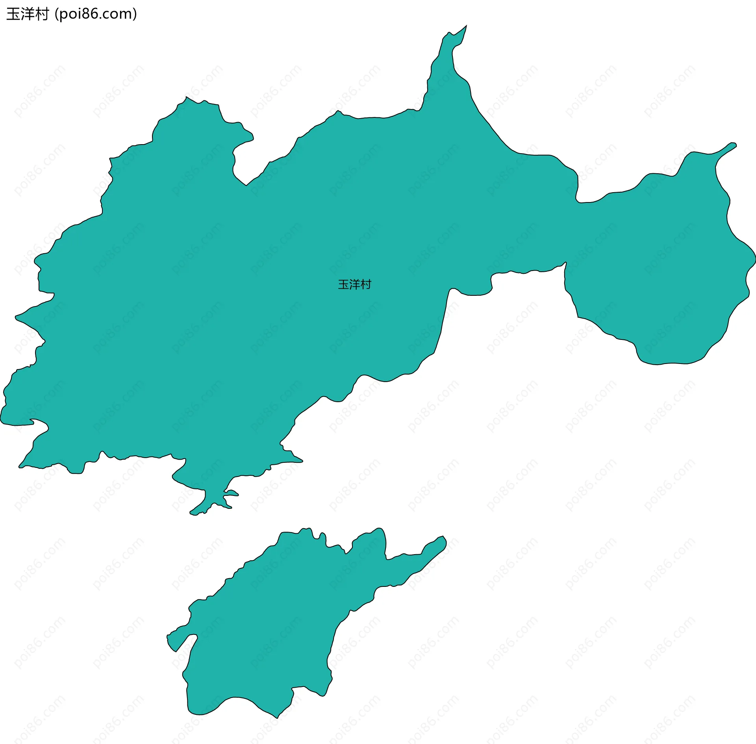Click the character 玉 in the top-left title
pos(13,14)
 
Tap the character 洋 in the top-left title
pos(28,14)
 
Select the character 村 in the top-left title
pos(42,14)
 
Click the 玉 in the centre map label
pos(343,284)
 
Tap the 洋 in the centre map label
pos(355,284)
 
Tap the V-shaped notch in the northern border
pos(246,184)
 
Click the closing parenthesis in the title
pos(135,14)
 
